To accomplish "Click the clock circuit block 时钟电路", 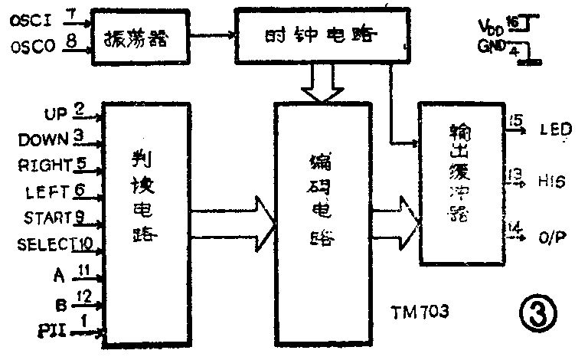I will pyautogui.click(x=321, y=34).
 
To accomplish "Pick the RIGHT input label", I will pyautogui.click(x=44, y=164).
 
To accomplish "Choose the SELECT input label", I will pyautogui.click(x=42, y=244).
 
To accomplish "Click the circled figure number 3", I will pyautogui.click(x=536, y=312).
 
